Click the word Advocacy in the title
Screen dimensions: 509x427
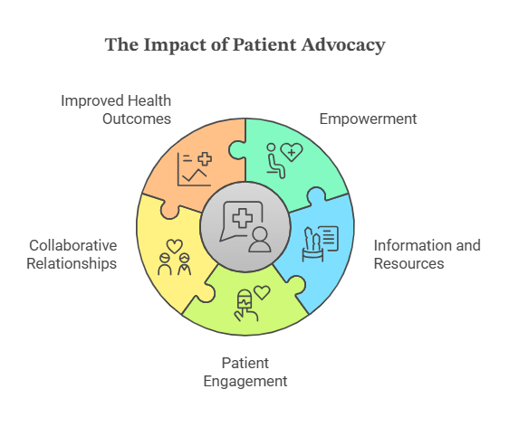[x=343, y=45]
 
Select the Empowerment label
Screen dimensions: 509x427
[x=368, y=119]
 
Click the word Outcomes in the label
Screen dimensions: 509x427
[x=137, y=119]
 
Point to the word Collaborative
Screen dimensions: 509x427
[x=73, y=245]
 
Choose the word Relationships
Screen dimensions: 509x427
[x=72, y=263]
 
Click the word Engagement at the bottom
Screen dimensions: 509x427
[x=245, y=381]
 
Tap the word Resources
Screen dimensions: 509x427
[x=408, y=263]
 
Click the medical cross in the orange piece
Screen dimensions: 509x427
[x=205, y=159]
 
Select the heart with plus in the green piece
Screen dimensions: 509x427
[x=292, y=152]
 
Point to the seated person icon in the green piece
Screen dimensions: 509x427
[x=275, y=161]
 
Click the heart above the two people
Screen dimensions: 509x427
[x=175, y=246]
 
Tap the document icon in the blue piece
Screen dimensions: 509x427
[x=329, y=238]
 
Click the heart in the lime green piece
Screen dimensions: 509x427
[x=262, y=292]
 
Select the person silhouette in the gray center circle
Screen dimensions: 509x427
[x=260, y=240]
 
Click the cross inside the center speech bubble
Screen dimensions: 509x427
[x=243, y=218]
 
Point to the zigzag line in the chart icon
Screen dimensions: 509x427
[x=195, y=176]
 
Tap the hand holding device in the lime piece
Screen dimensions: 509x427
[x=245, y=306]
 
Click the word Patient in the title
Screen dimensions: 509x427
[x=264, y=45]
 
